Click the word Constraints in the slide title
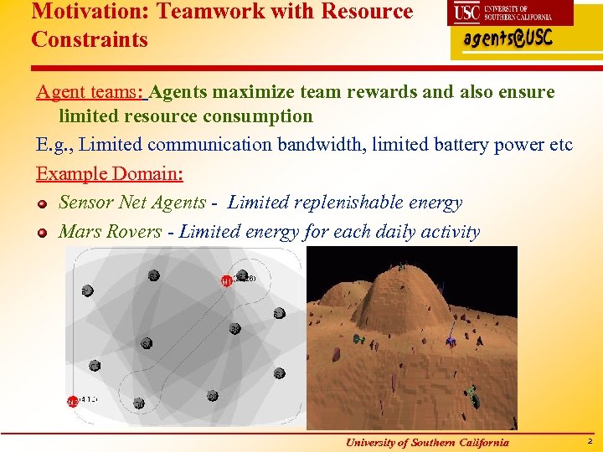click(90, 39)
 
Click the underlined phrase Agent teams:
click(90, 92)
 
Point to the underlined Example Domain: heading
click(110, 174)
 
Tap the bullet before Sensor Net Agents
click(42, 203)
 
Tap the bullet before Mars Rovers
click(42, 233)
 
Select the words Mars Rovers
click(110, 232)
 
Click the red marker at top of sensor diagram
click(226, 280)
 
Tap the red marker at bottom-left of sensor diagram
click(73, 402)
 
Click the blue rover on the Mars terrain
click(451, 341)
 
